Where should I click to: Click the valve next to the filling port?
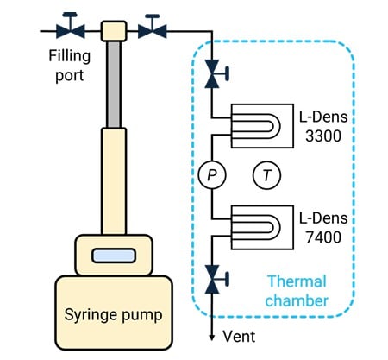click(70, 28)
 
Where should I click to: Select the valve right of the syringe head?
click(153, 28)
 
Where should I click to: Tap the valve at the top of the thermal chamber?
click(214, 74)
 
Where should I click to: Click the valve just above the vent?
click(214, 279)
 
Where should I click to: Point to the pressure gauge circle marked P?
click(212, 175)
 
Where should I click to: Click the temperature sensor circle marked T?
click(266, 175)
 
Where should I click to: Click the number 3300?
click(323, 136)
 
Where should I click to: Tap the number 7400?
click(323, 237)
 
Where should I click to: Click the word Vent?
click(239, 336)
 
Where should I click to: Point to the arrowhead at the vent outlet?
click(212, 337)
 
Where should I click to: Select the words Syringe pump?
click(113, 315)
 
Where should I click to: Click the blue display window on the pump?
click(114, 256)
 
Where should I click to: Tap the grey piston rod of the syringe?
click(114, 85)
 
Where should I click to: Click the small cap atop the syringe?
click(114, 31)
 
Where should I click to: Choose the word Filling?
click(70, 56)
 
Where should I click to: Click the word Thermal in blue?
click(297, 281)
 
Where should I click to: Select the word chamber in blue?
click(297, 300)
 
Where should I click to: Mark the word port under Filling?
click(70, 75)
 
